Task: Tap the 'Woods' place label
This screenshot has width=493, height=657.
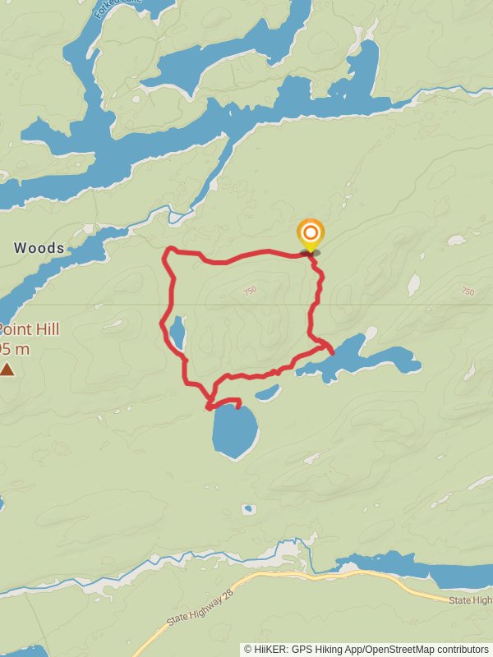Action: [39, 247]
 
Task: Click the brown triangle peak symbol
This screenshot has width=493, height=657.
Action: [7, 370]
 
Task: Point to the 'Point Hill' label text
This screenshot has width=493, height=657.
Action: [29, 329]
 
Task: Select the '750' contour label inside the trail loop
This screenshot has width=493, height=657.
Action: [250, 290]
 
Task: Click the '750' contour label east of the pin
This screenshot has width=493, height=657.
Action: [468, 292]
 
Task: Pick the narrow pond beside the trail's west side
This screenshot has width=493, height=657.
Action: [177, 332]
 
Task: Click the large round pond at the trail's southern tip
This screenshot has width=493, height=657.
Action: [235, 430]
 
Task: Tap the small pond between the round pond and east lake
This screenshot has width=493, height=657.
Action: [268, 393]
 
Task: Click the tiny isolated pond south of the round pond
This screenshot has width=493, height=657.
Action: [248, 509]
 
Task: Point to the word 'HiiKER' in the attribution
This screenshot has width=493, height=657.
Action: [272, 649]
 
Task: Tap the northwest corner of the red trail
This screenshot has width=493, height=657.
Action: [168, 249]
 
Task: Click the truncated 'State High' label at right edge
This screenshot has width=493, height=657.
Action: [471, 601]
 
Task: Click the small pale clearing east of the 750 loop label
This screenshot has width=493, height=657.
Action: [413, 285]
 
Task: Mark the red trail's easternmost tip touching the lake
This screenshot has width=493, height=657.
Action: [332, 351]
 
